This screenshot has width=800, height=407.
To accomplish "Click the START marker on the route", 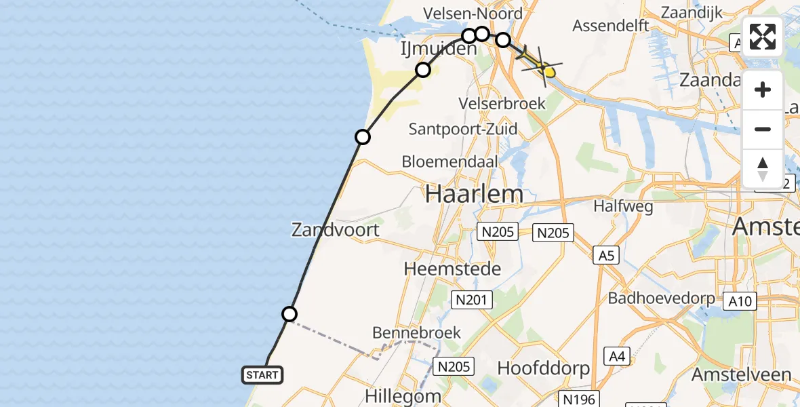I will pos(262,374).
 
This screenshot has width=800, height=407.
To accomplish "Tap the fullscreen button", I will pos(763,37).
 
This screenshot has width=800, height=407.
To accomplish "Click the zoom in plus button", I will pos(763,90).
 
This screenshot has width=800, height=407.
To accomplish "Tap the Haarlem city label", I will pos(474,195).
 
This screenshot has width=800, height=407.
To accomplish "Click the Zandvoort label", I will pos(336,229).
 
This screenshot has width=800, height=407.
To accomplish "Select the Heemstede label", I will pos(452,269).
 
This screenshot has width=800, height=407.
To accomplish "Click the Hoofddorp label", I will pos(543,368).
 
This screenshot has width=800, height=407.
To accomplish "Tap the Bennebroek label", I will pos(416,333).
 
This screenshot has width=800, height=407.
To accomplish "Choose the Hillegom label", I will pos(403,395).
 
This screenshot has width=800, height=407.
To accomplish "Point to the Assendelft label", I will pos(611,26).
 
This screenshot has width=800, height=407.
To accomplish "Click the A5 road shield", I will pos(606,256).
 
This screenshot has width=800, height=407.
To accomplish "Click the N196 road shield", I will pos(579,399).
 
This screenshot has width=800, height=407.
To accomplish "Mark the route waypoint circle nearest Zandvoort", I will pos(289,313).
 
